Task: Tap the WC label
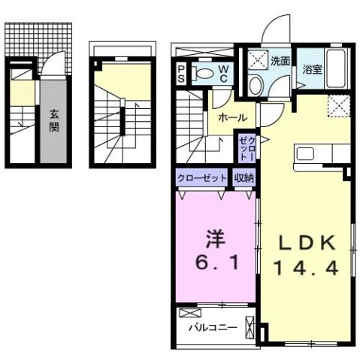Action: click(x=224, y=74)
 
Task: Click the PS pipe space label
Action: click(x=181, y=74)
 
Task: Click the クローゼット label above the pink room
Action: click(x=202, y=178)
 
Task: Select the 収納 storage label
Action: click(x=244, y=178)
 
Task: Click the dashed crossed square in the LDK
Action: click(x=339, y=108)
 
